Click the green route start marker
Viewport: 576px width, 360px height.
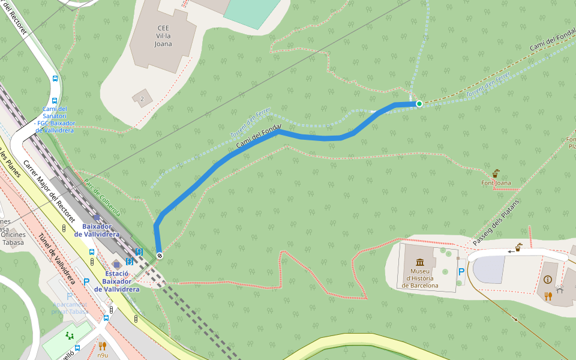click(419, 104)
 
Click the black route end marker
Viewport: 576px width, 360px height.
click(160, 256)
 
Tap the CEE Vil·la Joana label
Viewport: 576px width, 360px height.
click(163, 36)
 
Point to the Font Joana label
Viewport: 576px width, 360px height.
click(496, 182)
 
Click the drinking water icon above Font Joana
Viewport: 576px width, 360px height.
click(496, 173)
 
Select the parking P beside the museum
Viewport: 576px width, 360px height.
click(461, 272)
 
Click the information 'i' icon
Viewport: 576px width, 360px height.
click(547, 280)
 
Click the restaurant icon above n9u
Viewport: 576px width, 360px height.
click(103, 346)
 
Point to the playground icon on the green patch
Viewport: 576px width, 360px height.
click(70, 335)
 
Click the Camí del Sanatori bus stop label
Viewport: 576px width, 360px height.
click(55, 119)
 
